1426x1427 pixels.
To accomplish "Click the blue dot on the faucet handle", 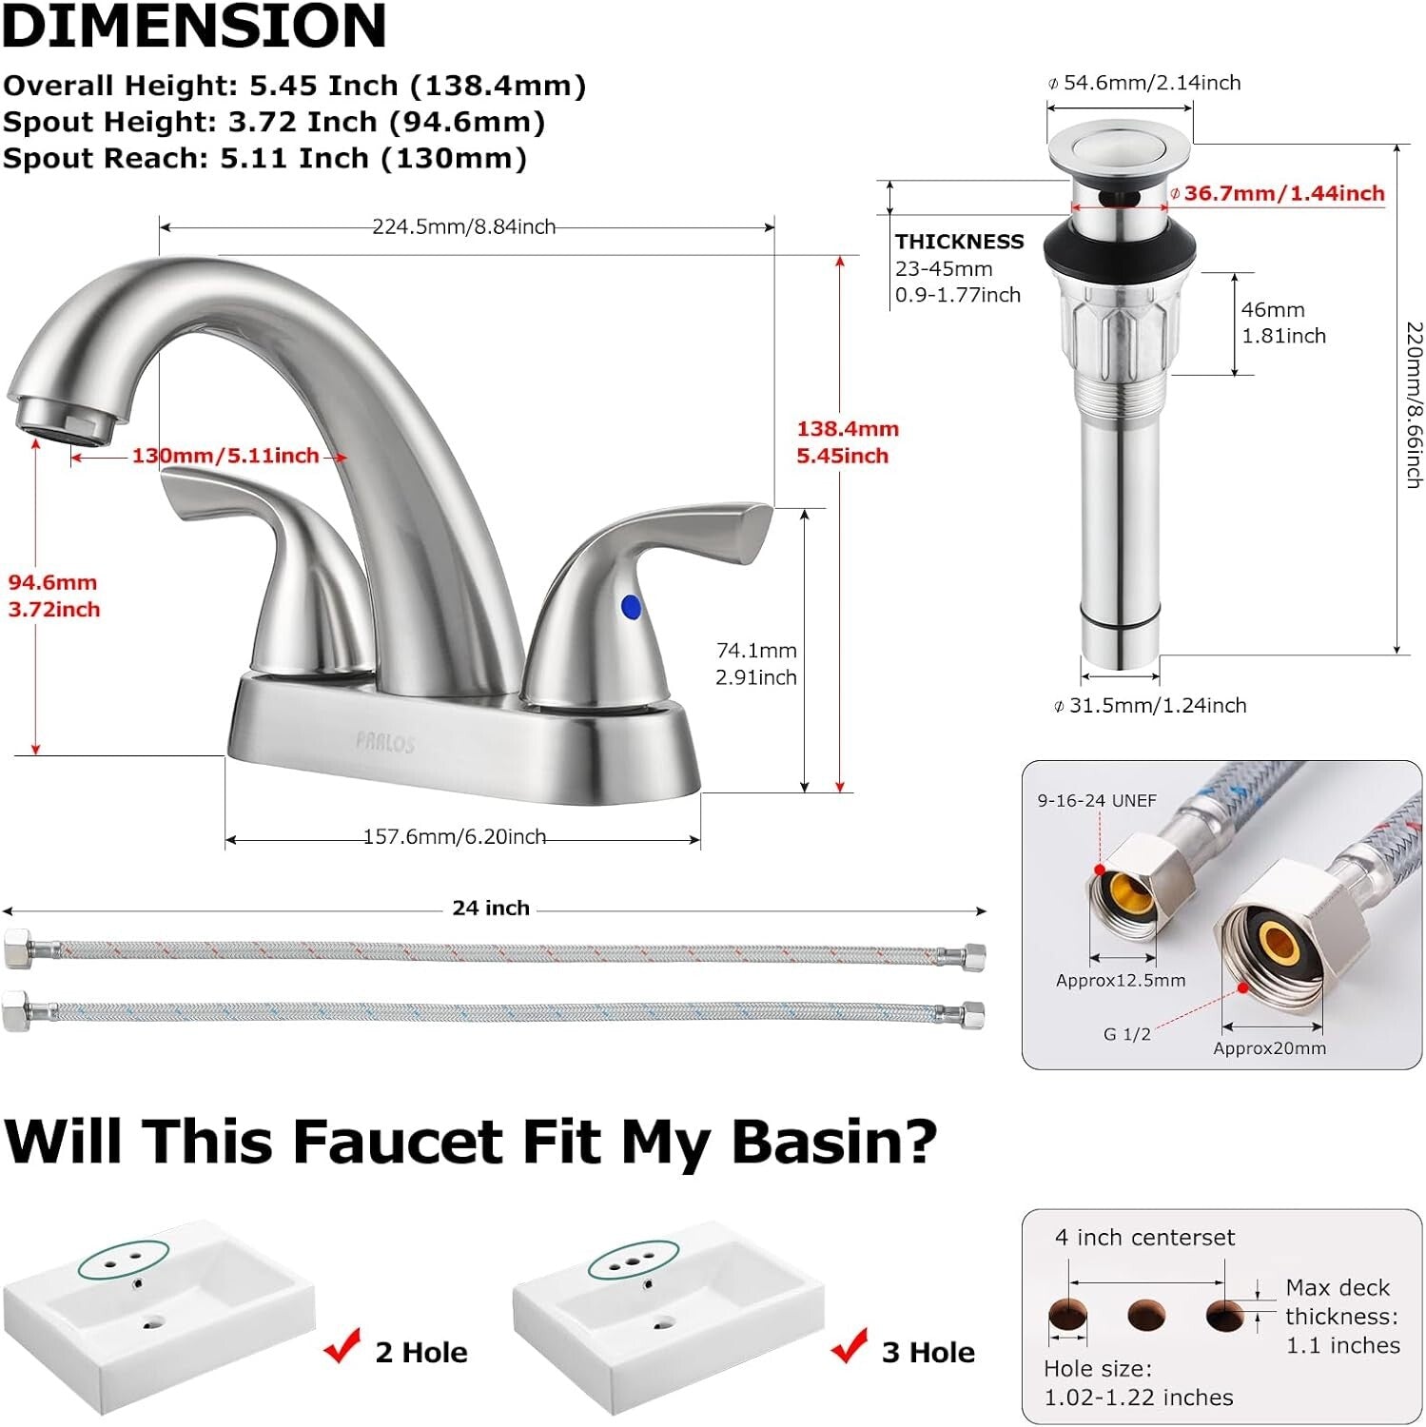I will [x=630, y=607].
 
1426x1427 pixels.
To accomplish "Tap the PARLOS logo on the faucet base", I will [x=385, y=743].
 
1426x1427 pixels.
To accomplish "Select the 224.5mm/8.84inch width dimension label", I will [x=463, y=226].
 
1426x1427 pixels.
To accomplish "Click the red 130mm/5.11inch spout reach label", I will [x=225, y=456].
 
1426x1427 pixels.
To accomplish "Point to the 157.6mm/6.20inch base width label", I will [x=455, y=836].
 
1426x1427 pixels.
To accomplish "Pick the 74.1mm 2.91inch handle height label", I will [x=756, y=664].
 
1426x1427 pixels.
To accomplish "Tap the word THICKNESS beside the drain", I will [x=959, y=242].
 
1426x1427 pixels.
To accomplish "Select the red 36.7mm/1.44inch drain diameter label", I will [x=1283, y=193].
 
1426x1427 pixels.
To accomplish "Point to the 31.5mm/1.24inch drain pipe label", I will [x=1157, y=705].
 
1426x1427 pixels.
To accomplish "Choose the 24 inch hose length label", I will [x=491, y=908].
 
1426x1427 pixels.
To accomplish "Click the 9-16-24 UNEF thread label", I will [x=1097, y=800].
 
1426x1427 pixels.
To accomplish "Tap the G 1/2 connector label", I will [x=1126, y=1034].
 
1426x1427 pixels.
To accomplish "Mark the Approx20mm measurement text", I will [x=1269, y=1048].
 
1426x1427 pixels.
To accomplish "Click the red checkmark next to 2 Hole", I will [x=342, y=1346].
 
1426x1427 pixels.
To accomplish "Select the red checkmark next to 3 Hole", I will [x=849, y=1346].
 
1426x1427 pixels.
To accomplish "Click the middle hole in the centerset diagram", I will [x=1145, y=1316].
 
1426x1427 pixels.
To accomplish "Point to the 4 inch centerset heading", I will [x=1144, y=1238].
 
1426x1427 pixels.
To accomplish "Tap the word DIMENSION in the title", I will [x=195, y=26].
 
